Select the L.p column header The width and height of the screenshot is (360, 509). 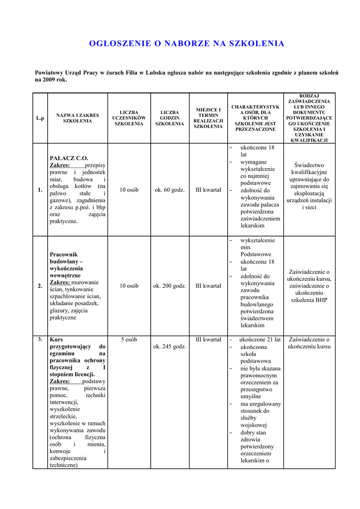pyautogui.click(x=40, y=118)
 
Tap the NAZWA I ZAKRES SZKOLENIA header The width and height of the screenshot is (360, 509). pyautogui.click(x=78, y=118)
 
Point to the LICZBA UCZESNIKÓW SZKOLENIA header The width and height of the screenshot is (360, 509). pyautogui.click(x=129, y=118)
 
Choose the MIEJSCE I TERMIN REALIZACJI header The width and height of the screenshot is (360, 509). pyautogui.click(x=208, y=118)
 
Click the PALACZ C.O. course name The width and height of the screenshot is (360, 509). pyautogui.click(x=69, y=158)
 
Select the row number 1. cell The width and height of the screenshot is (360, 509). pyautogui.click(x=40, y=190)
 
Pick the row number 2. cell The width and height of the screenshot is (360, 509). pyautogui.click(x=40, y=286)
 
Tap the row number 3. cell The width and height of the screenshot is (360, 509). pyautogui.click(x=40, y=339)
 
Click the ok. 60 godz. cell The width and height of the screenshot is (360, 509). pyautogui.click(x=170, y=190)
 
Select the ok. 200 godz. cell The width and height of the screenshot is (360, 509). pyautogui.click(x=170, y=286)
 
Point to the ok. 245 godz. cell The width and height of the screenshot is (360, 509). pyautogui.click(x=170, y=346)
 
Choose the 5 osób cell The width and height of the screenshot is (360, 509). pyautogui.click(x=129, y=339)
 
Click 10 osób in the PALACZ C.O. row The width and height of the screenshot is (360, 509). pyautogui.click(x=129, y=190)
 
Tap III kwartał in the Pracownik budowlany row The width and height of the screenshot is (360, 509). pyautogui.click(x=208, y=286)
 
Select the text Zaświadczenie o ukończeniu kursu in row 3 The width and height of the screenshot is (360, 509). pyautogui.click(x=309, y=343)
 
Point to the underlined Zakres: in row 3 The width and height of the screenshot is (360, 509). pyautogui.click(x=60, y=381)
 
